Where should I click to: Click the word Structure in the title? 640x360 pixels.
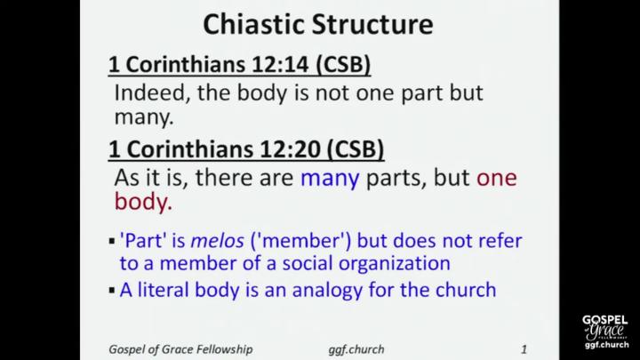372,25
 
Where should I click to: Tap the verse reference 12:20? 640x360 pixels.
290,149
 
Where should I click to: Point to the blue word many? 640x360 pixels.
330,179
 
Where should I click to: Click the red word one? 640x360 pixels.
497,179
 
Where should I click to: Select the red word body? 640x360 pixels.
143,202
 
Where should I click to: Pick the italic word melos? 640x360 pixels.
217,240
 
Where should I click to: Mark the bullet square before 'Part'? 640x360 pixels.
112,242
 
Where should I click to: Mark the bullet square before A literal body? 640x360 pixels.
112,291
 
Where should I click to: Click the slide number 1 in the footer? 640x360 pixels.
524,349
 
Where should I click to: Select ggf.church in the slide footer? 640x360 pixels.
356,349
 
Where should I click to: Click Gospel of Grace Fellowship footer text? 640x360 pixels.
180,349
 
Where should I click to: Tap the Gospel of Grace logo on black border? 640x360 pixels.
605,332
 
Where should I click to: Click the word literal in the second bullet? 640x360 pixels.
164,290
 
